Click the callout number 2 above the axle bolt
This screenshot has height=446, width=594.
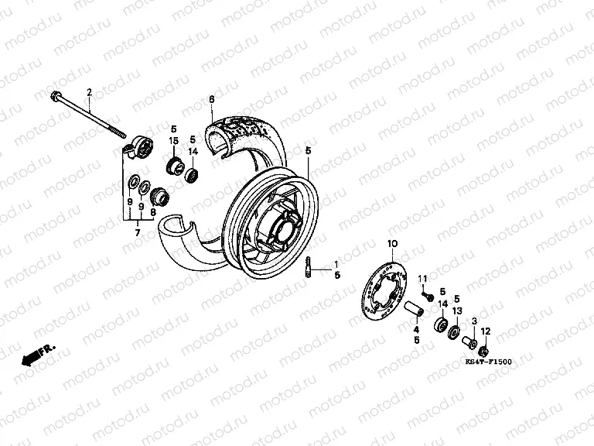pyautogui.click(x=89, y=93)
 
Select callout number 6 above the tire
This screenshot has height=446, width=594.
pyautogui.click(x=210, y=98)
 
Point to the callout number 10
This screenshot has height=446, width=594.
pyautogui.click(x=391, y=245)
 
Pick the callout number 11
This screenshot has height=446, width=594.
pyautogui.click(x=423, y=279)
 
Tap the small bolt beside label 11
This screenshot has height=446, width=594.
pyautogui.click(x=426, y=295)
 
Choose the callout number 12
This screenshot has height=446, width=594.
pyautogui.click(x=485, y=331)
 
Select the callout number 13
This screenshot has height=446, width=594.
pyautogui.click(x=456, y=311)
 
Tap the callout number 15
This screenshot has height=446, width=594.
pyautogui.click(x=174, y=140)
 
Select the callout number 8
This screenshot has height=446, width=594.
pyautogui.click(x=153, y=211)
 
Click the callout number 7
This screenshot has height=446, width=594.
pyautogui.click(x=137, y=231)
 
